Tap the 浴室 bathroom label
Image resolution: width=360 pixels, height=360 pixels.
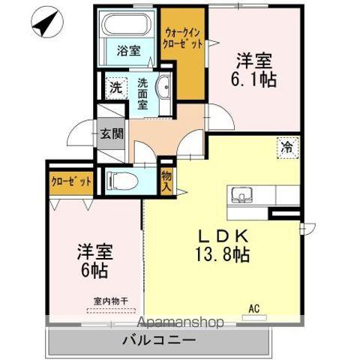[x=128, y=51]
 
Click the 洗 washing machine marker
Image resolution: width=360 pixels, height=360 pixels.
[x=116, y=86]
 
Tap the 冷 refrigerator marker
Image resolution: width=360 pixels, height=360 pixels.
[x=287, y=147]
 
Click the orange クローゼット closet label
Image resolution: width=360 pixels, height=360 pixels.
[x=72, y=181]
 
